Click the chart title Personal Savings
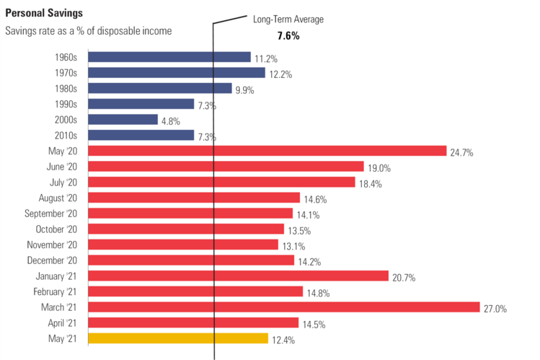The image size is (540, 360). tap(43, 13)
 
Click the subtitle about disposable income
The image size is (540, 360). tap(88, 31)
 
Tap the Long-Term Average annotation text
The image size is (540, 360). tap(288, 19)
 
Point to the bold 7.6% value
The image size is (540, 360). tap(288, 35)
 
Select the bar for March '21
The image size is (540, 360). tap(283, 307)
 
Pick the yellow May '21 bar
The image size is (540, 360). tap(178, 338)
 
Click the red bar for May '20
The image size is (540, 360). tap(267, 151)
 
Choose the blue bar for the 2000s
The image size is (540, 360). tap(123, 119)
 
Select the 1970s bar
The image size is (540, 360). tap(177, 72)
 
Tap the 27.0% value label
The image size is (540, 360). tap(495, 309)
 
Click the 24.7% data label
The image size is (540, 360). tap(462, 153)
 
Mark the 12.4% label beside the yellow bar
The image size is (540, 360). tap(283, 340)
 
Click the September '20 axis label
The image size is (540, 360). tap(56, 214)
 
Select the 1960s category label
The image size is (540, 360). tap(71, 57)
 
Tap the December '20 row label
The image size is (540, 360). tap(57, 260)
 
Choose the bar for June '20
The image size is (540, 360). tap(226, 166)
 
